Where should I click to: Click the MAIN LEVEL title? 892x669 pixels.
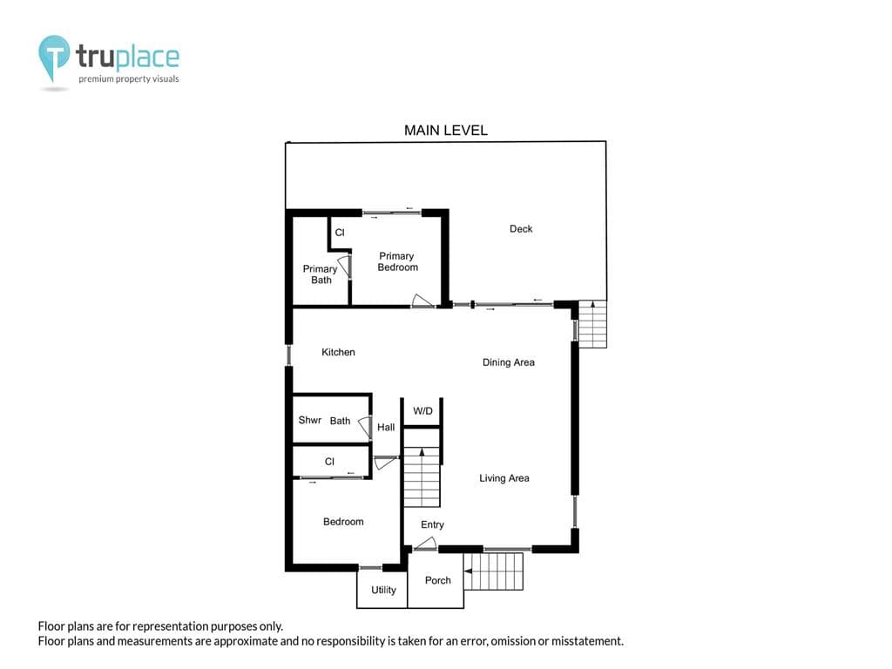445,131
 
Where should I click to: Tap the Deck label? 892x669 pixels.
521,229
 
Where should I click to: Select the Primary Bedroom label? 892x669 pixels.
397,261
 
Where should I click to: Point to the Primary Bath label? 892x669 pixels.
321,274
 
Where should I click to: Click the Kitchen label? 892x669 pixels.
338,352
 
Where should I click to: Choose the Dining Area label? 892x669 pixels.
509,362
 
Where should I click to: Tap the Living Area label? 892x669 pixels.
504,478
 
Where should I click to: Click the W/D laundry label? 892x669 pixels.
422,411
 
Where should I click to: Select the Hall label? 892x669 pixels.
386,427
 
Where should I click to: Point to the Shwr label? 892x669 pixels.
310,420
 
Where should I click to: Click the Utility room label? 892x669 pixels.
383,590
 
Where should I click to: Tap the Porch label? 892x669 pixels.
437,580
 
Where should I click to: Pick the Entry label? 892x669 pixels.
432,524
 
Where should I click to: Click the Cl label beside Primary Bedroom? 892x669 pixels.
340,232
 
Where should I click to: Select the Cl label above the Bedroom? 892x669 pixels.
329,462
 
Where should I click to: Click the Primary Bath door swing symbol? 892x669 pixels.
344,267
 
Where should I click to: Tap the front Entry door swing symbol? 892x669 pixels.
424,544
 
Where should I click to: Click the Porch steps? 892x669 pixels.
493,571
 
